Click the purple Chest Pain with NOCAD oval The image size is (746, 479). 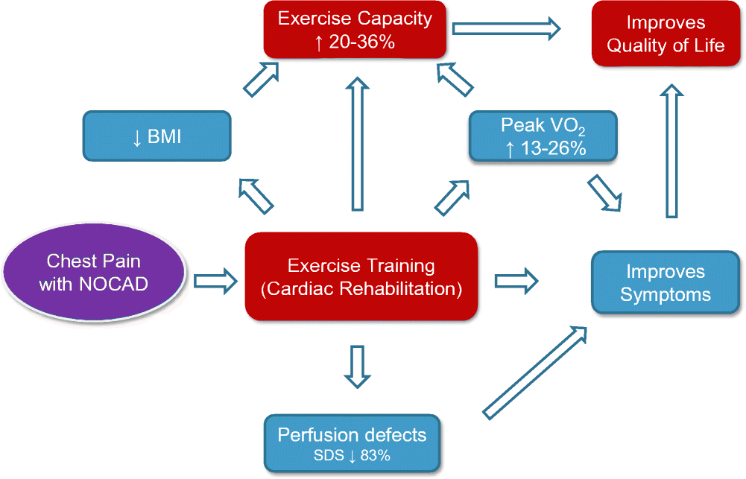click(94, 272)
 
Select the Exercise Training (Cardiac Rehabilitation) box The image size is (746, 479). click(361, 276)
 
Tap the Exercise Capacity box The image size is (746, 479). click(355, 30)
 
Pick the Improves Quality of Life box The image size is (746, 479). click(665, 34)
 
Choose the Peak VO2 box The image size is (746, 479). click(542, 136)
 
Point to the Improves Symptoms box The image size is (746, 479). click(665, 282)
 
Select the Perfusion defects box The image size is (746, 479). click(352, 444)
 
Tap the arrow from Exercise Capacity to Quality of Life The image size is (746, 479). click(507, 28)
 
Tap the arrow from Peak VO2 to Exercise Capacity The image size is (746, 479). click(455, 80)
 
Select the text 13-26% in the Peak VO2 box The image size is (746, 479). click(555, 148)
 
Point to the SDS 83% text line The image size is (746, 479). click(351, 455)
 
